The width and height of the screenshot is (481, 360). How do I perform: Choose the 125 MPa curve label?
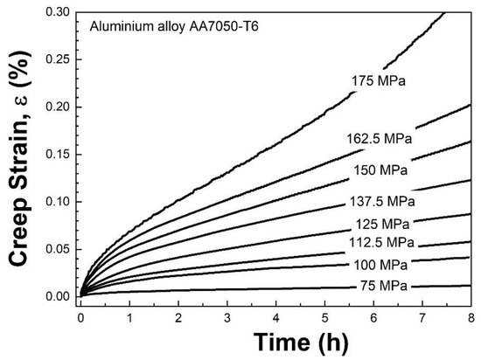click(383, 224)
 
